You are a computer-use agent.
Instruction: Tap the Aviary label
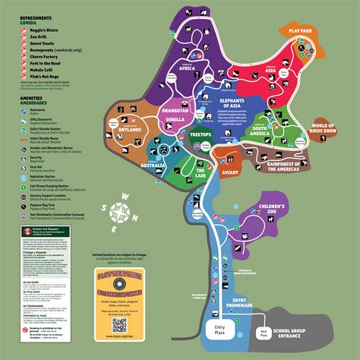[x=230, y=174]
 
